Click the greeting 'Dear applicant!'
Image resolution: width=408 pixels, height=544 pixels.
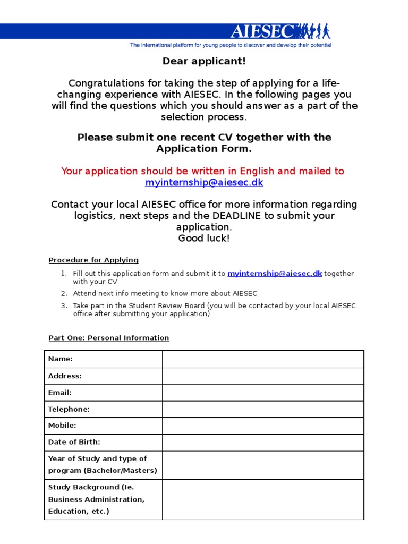pyautogui.click(x=204, y=61)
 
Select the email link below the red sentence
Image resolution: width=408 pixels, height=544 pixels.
pyautogui.click(x=204, y=182)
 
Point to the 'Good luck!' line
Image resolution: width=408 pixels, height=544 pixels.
pyautogui.click(x=204, y=238)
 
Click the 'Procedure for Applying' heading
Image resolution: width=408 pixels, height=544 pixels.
pyautogui.click(x=93, y=260)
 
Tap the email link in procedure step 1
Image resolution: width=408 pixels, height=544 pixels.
pyautogui.click(x=275, y=274)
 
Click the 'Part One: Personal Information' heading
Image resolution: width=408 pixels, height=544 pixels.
pyautogui.click(x=108, y=338)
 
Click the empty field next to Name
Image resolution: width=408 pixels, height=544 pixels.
pyautogui.click(x=263, y=359)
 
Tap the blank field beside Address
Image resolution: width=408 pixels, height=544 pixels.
pyautogui.click(x=263, y=376)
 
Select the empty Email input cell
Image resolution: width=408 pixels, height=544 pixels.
pyautogui.click(x=263, y=393)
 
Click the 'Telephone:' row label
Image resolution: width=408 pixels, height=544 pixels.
pyautogui.click(x=69, y=409)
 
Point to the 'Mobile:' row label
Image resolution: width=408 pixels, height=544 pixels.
pyautogui.click(x=62, y=426)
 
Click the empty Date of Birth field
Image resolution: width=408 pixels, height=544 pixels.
pyautogui.click(x=263, y=442)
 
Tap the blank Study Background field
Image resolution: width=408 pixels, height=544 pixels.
pyautogui.click(x=263, y=499)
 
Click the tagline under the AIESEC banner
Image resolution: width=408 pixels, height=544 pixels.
pyautogui.click(x=231, y=45)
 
